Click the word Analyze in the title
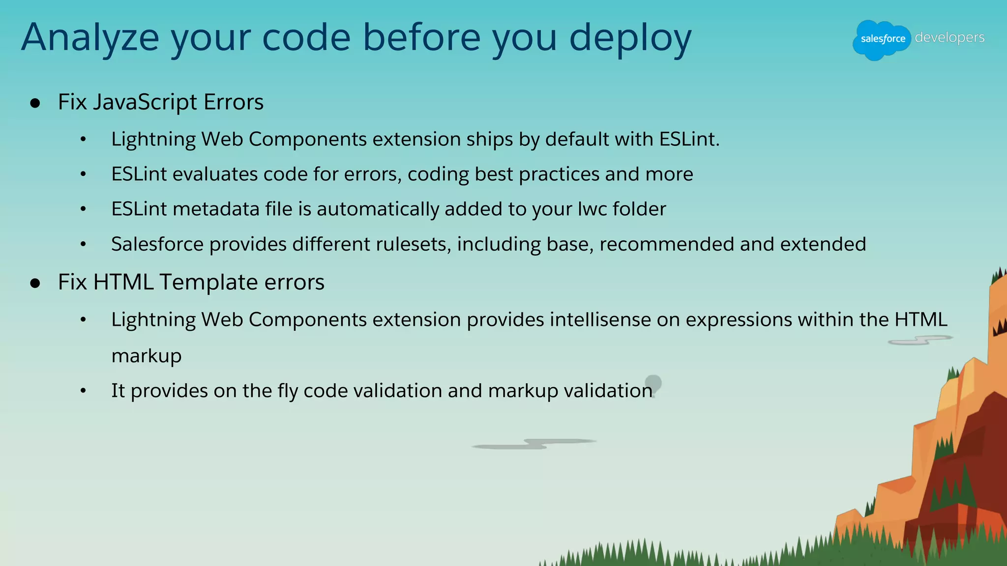click(90, 38)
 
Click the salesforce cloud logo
click(882, 39)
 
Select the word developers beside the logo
click(949, 37)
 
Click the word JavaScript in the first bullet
click(145, 102)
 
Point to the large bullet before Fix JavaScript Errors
click(35, 103)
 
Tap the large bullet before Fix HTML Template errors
click(35, 283)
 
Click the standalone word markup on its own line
click(146, 356)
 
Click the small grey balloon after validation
click(653, 382)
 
